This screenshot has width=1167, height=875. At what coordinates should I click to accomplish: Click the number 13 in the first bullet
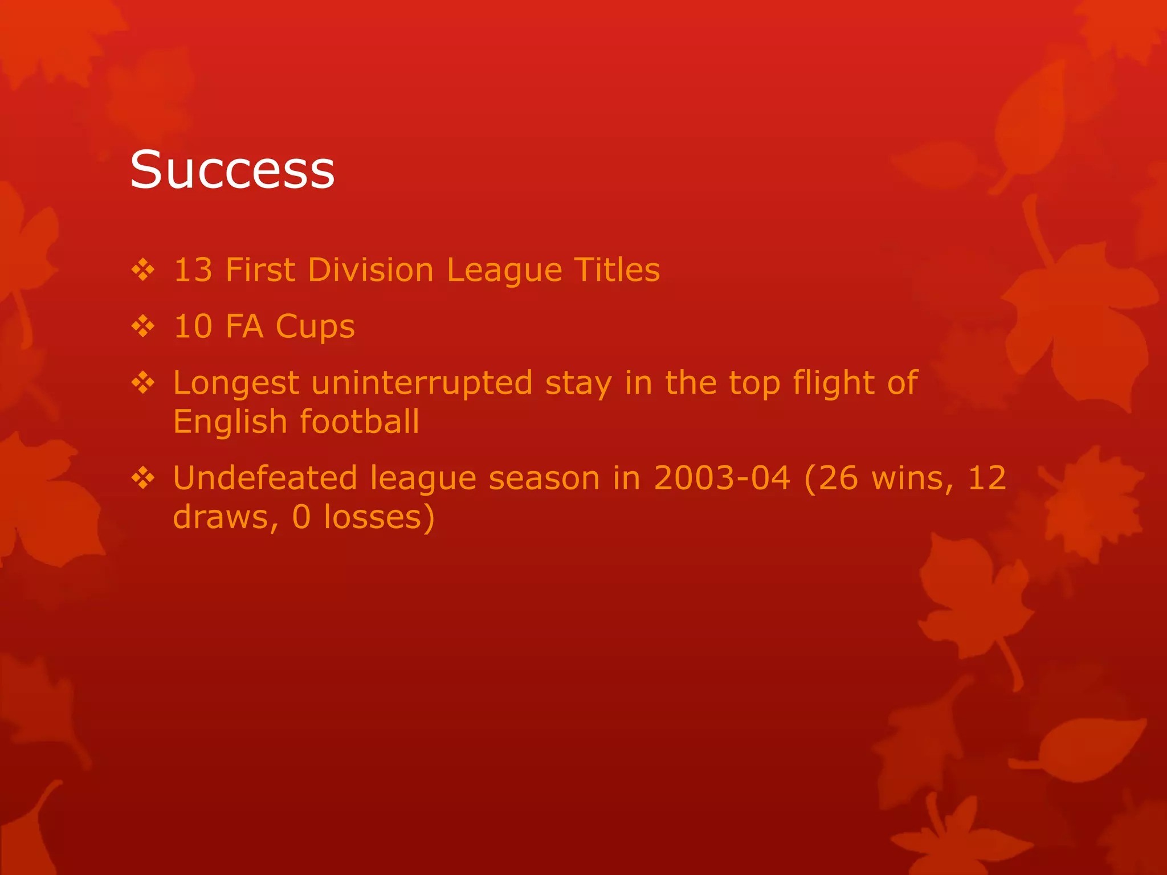pyautogui.click(x=193, y=269)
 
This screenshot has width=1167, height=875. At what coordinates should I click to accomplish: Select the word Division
pyautogui.click(x=370, y=269)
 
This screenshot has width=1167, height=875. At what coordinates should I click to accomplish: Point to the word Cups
pyautogui.click(x=315, y=327)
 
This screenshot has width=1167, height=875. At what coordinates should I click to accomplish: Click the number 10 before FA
pyautogui.click(x=193, y=326)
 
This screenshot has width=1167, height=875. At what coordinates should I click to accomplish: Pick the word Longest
pyautogui.click(x=236, y=383)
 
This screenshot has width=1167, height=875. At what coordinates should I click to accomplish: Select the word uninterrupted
pyautogui.click(x=422, y=382)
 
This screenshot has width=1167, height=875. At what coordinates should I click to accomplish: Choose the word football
pyautogui.click(x=360, y=422)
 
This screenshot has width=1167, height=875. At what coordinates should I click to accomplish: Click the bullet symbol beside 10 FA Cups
pyautogui.click(x=143, y=326)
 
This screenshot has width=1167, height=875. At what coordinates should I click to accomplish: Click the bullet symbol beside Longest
pyautogui.click(x=143, y=382)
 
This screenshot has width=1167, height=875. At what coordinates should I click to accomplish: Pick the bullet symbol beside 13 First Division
pyautogui.click(x=143, y=269)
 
